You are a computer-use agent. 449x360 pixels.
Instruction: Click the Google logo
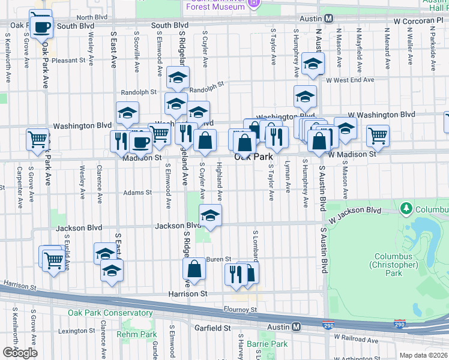20,353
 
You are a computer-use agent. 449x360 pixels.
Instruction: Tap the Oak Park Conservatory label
110,313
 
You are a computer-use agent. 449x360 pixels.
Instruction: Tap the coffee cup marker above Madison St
140,143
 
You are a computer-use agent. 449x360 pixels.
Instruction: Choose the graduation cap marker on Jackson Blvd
210,217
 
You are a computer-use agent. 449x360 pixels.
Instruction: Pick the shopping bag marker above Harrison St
194,271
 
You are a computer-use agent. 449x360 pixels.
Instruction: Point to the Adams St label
137,193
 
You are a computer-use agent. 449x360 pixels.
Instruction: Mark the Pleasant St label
68,61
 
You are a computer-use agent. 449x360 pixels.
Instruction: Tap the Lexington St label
73,331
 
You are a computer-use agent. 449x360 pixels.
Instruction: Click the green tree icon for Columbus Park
407,208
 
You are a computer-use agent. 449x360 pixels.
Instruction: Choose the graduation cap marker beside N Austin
312,65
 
